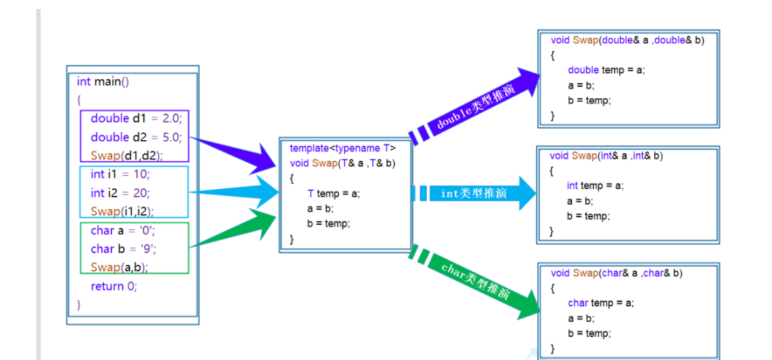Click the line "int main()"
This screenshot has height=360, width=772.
[x=102, y=82]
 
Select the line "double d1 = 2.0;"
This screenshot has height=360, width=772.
[x=136, y=118]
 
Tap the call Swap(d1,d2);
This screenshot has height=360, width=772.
[x=126, y=156]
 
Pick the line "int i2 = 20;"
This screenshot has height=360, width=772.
[x=120, y=193]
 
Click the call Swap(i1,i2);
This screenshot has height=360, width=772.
[x=122, y=211]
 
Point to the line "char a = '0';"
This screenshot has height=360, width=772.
[x=123, y=231]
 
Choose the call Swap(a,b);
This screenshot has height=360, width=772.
[x=119, y=267]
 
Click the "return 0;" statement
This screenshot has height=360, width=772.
[x=114, y=286]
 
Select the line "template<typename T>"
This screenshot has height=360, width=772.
[x=342, y=148]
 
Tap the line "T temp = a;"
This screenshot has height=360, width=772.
[x=334, y=193]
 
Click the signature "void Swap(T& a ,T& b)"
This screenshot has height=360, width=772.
[x=342, y=163]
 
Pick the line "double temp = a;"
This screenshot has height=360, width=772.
[x=606, y=70]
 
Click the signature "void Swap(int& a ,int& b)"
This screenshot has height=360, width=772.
[x=606, y=156]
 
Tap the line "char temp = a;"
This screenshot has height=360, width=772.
[x=601, y=303]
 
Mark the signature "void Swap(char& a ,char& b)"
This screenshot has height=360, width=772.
[x=617, y=273]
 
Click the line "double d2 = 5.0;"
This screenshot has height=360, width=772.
[x=136, y=137]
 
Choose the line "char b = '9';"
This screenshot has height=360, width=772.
[x=123, y=249]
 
